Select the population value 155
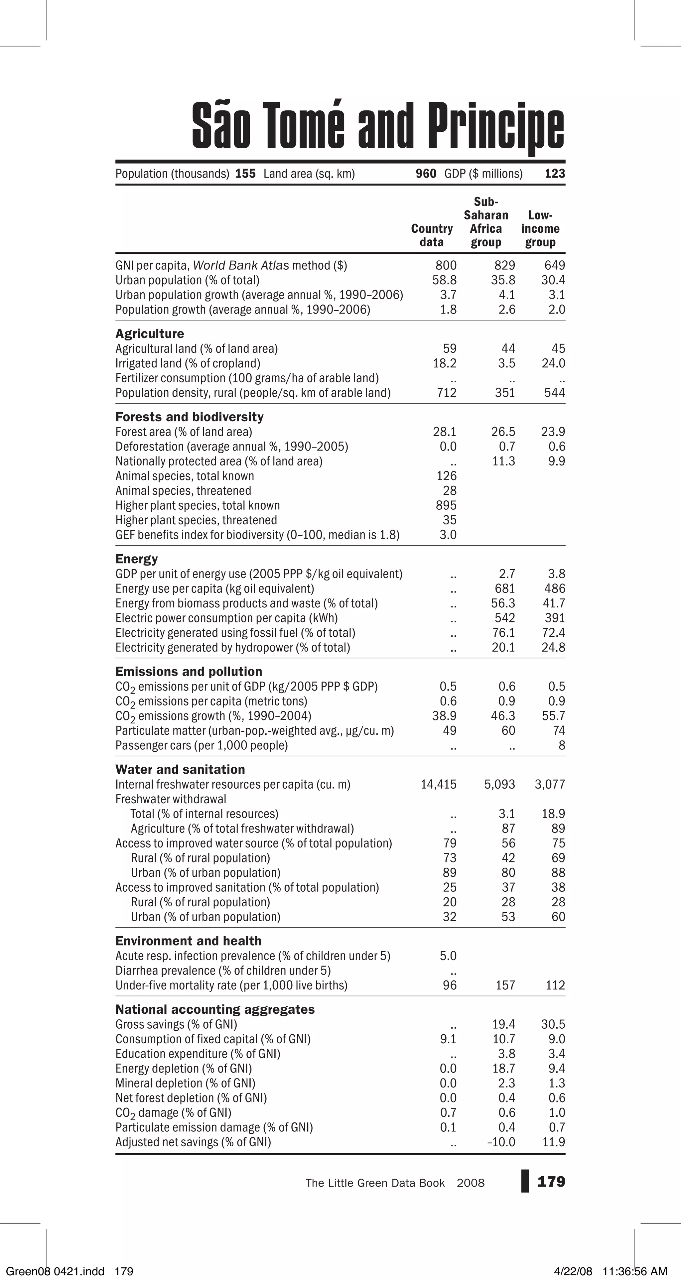(x=245, y=174)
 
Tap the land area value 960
(x=426, y=174)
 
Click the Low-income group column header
(x=540, y=229)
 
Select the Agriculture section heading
(x=149, y=334)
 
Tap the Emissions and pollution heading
(x=189, y=671)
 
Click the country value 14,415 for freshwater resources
(x=438, y=784)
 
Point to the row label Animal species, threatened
(x=183, y=491)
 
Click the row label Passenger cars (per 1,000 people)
(x=202, y=745)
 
